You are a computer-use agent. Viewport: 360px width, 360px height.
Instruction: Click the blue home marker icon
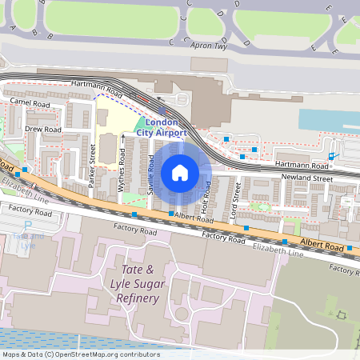[180, 173]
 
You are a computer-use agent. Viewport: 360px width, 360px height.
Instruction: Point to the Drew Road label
[43, 129]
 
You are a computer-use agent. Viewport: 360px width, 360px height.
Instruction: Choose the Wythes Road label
[122, 169]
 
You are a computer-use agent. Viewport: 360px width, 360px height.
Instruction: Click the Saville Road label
[150, 173]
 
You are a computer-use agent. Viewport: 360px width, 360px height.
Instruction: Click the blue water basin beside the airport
[328, 119]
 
